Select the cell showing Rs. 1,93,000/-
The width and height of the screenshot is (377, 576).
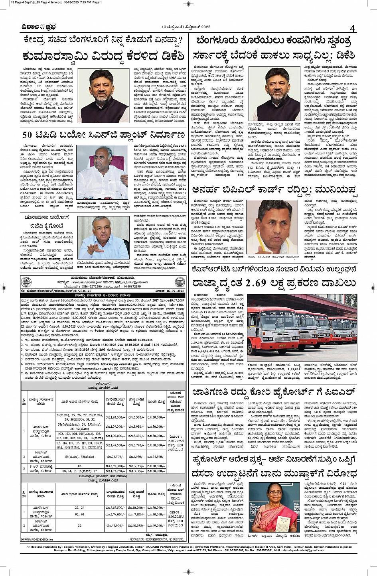pos(115,417)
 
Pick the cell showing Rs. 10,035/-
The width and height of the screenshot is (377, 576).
pos(136,526)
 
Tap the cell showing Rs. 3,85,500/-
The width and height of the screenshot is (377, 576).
pos(115,507)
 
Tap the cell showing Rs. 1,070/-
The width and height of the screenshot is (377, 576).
pos(136,456)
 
